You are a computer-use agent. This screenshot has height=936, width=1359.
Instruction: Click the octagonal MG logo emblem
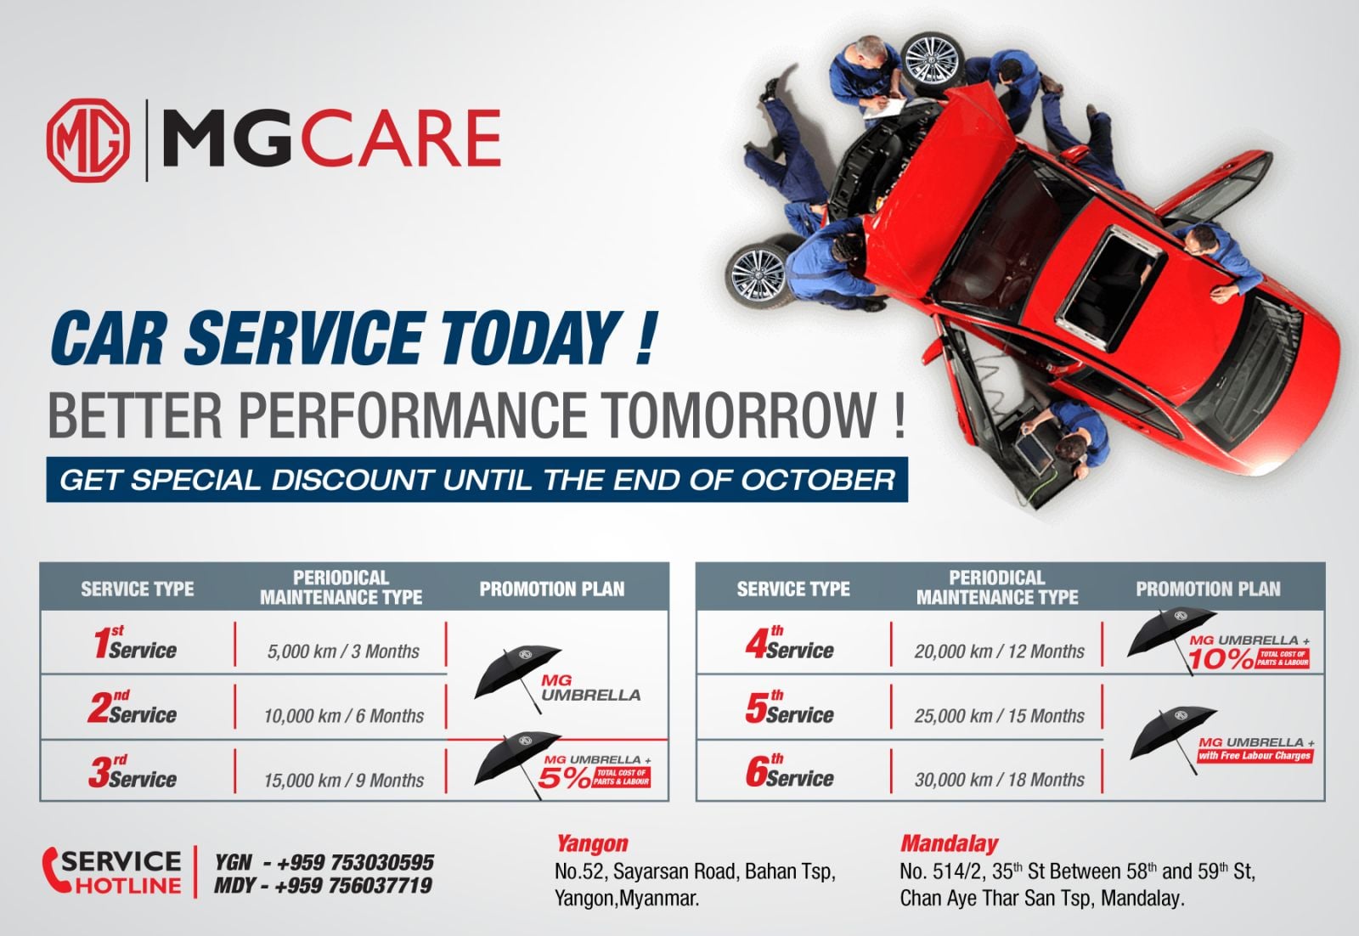click(x=88, y=140)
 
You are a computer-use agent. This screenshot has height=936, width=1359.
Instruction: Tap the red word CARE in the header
click(x=400, y=138)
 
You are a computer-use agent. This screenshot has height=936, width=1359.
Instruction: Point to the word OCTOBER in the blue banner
click(x=818, y=480)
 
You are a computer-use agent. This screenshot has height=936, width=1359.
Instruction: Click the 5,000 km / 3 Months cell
click(x=343, y=651)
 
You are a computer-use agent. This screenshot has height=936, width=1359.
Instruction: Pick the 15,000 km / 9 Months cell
click(x=343, y=780)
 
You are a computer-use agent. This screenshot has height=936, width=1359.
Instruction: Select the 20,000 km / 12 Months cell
click(x=999, y=651)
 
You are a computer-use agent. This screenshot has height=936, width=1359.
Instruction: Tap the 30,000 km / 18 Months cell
click(x=999, y=780)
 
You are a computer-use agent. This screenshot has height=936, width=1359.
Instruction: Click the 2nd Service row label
click(x=132, y=708)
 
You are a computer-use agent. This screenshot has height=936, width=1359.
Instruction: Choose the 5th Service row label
click(x=789, y=708)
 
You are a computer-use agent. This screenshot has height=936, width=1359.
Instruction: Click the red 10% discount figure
click(x=1221, y=659)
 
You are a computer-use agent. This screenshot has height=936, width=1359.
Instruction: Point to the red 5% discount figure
click(x=564, y=778)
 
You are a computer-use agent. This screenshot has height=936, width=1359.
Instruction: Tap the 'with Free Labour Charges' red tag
click(x=1255, y=756)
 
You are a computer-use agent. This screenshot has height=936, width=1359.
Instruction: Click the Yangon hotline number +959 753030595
click(x=355, y=862)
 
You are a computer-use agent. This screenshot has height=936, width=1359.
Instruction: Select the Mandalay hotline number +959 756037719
click(x=353, y=886)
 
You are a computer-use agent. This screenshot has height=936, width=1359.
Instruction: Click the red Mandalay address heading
click(x=949, y=843)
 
